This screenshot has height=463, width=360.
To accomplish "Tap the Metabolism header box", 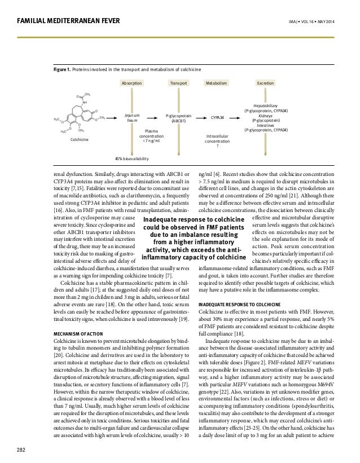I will pyautogui.click(x=217, y=82).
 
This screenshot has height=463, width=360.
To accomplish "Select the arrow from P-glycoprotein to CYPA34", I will pyautogui.click(x=200, y=118).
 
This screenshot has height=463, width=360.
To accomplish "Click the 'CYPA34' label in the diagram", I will pyautogui.click(x=217, y=118).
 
